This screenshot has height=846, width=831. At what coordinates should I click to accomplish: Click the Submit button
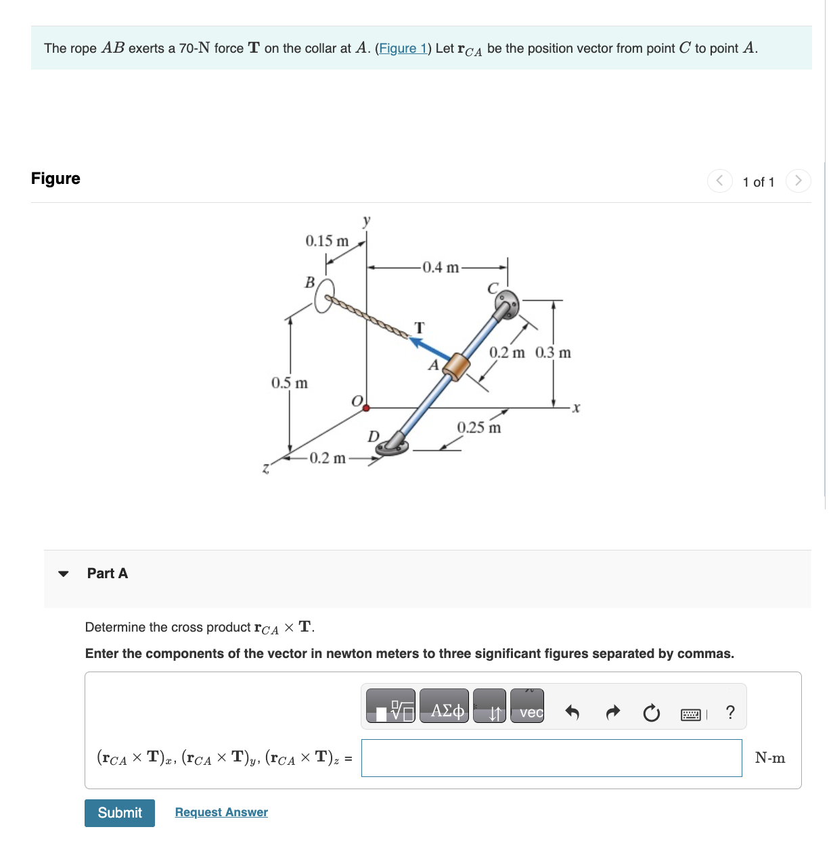click(x=120, y=813)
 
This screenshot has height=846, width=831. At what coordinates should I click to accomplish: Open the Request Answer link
click(x=221, y=812)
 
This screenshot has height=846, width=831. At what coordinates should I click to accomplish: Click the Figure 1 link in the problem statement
click(x=403, y=48)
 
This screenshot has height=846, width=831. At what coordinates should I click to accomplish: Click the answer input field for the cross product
click(x=552, y=758)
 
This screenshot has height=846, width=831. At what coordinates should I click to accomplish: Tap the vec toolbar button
click(x=527, y=707)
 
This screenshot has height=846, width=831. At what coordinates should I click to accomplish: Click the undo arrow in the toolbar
click(x=572, y=712)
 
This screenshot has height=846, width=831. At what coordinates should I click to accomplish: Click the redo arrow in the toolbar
click(x=612, y=712)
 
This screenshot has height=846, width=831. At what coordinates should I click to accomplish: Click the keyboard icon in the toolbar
click(x=691, y=714)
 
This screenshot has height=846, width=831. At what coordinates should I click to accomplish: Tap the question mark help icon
click(x=729, y=712)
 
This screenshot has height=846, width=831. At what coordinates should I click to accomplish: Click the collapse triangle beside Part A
click(x=64, y=573)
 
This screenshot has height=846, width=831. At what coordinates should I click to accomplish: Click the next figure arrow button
click(x=798, y=181)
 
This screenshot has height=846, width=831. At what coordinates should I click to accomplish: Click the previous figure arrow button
click(x=719, y=181)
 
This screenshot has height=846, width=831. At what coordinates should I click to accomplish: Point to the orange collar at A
click(x=456, y=367)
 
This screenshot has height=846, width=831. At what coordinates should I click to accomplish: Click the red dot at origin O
click(x=366, y=408)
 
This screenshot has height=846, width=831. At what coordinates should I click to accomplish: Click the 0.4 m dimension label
click(x=441, y=268)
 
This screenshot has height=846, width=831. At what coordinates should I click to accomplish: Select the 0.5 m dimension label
click(x=290, y=383)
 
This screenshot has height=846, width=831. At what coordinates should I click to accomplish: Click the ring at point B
click(x=324, y=296)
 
